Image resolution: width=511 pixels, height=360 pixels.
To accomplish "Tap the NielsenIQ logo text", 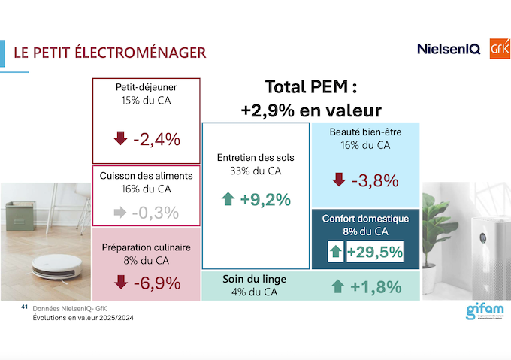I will pyautogui.click(x=448, y=49).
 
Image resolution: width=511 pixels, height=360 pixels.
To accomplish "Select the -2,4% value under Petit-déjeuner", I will pyautogui.click(x=156, y=139).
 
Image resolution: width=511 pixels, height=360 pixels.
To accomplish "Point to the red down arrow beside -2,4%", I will pyautogui.click(x=120, y=139).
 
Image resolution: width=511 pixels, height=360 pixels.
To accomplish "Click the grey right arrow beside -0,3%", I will pyautogui.click(x=119, y=212).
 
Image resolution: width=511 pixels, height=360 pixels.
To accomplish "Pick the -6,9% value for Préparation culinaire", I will pyautogui.click(x=156, y=283).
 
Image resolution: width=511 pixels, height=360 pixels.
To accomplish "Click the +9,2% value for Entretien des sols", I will pyautogui.click(x=265, y=200).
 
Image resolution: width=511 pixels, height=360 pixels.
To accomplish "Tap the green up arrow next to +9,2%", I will pyautogui.click(x=228, y=200).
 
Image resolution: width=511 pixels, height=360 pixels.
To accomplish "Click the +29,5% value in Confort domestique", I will pyautogui.click(x=374, y=252).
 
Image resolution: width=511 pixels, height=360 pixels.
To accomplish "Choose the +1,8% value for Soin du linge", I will pyautogui.click(x=375, y=286).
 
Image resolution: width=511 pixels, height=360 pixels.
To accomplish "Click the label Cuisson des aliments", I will pyautogui.click(x=147, y=176).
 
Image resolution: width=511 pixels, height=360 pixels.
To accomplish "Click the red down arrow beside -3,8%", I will pyautogui.click(x=339, y=180).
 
